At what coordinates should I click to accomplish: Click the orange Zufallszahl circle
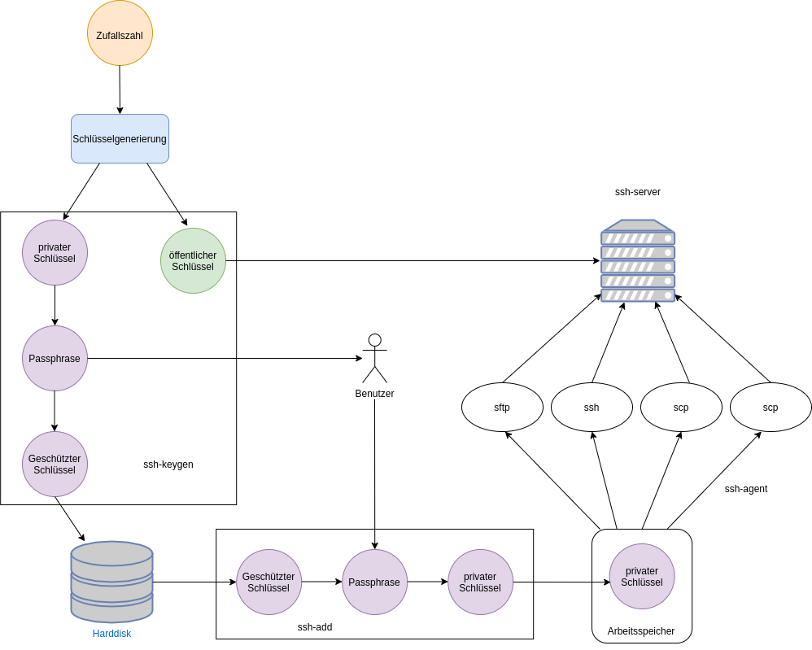point(120,33)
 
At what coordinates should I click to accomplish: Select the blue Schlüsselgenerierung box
point(120,138)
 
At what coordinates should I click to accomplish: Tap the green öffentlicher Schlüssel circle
point(193,260)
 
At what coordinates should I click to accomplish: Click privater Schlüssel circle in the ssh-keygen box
point(55,252)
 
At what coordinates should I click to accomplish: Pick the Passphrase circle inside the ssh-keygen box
point(55,358)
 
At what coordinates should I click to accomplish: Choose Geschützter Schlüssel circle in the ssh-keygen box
point(55,464)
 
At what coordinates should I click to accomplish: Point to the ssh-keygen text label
point(168,465)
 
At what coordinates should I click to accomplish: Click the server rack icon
point(638,261)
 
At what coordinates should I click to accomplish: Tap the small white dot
point(375,340)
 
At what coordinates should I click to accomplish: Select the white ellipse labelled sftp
point(502,407)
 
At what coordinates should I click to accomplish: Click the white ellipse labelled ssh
point(592,407)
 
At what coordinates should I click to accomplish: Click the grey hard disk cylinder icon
point(111,582)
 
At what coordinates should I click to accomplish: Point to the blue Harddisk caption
point(111,633)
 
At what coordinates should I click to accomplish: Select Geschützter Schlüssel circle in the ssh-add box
point(268,582)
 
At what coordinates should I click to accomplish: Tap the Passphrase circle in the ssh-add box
point(374,582)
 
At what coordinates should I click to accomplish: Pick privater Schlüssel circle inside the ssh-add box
point(480,582)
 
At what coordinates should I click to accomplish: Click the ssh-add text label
point(315,627)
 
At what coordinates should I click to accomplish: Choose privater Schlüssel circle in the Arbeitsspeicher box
point(642,576)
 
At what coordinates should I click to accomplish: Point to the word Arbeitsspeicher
point(641,631)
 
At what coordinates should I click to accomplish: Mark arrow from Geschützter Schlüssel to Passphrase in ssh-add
point(321,582)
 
